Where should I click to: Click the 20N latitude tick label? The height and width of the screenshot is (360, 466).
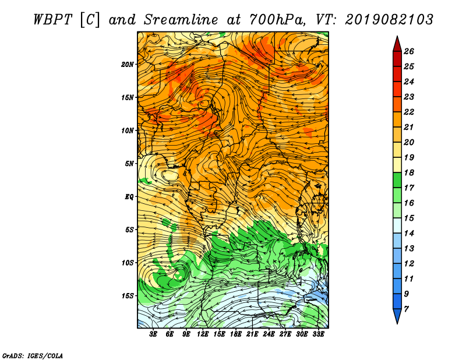pyautogui.click(x=128, y=65)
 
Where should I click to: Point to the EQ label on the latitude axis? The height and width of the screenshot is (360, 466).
pyautogui.click(x=129, y=197)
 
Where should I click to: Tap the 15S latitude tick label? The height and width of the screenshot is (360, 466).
pyautogui.click(x=128, y=296)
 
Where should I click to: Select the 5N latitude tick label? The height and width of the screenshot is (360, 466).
pyautogui.click(x=129, y=164)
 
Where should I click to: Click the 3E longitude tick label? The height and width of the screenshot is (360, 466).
pyautogui.click(x=153, y=334)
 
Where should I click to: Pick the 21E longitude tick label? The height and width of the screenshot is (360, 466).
pyautogui.click(x=252, y=334)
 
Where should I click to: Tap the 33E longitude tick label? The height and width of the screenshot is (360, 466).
pyautogui.click(x=318, y=334)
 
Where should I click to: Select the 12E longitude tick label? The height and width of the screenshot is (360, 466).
pyautogui.click(x=203, y=334)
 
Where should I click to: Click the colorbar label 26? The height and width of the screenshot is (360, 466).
pyautogui.click(x=409, y=51)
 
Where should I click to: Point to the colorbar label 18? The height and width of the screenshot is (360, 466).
pyautogui.click(x=409, y=172)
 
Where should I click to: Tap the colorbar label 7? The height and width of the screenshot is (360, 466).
pyautogui.click(x=406, y=309)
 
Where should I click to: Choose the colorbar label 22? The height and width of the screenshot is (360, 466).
pyautogui.click(x=409, y=112)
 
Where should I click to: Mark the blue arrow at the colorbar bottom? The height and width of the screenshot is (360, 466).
pyautogui.click(x=397, y=315)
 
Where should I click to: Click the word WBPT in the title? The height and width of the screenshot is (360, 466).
pyautogui.click(x=52, y=20)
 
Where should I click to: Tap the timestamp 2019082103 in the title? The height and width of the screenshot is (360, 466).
pyautogui.click(x=389, y=20)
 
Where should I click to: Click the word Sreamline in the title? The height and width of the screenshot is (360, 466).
pyautogui.click(x=181, y=20)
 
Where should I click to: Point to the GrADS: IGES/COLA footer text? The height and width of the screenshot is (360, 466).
pyautogui.click(x=33, y=355)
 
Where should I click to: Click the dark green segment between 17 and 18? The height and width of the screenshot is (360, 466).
pyautogui.click(x=397, y=180)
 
